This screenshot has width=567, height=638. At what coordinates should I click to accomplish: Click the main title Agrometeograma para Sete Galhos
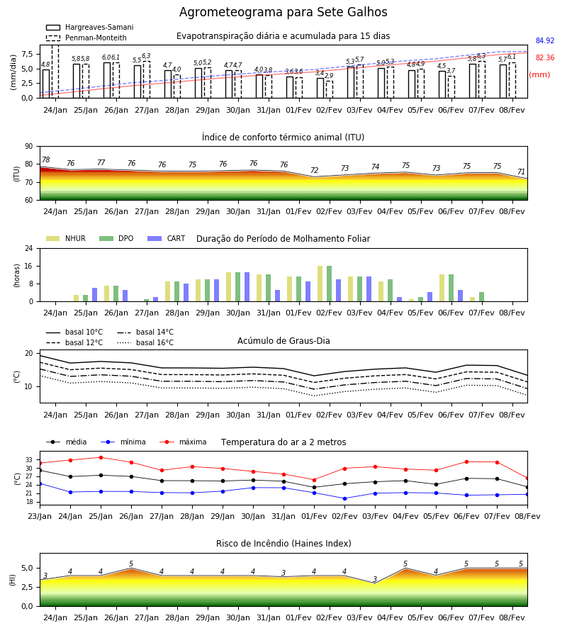click(283, 12)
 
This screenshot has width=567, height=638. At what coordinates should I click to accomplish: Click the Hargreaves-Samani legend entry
click(89, 27)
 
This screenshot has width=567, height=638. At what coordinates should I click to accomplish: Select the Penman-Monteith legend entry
click(86, 38)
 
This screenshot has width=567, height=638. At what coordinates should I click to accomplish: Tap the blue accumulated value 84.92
click(545, 40)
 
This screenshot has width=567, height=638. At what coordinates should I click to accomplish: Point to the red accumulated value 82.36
click(545, 58)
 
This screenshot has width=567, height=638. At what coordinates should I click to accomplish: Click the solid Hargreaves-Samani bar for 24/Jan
click(46, 84)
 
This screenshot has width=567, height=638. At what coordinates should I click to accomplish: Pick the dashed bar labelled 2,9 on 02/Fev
click(330, 89)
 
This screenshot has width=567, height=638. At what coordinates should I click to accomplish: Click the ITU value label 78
click(46, 160)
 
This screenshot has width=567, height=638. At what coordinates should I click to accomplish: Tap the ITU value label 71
click(521, 172)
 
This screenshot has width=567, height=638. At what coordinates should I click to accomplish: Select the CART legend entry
click(166, 238)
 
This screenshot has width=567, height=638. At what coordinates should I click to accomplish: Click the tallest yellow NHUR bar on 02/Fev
click(320, 284)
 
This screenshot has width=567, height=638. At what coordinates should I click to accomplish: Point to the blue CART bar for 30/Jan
click(247, 287)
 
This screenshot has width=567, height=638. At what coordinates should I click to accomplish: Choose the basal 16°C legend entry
click(145, 342)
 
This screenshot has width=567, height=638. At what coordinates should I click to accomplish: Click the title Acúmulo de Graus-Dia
click(283, 340)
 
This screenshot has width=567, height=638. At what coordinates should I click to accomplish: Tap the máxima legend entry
click(183, 442)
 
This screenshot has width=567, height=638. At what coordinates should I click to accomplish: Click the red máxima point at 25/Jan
click(101, 457)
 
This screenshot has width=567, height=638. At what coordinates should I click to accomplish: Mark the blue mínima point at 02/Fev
click(345, 498)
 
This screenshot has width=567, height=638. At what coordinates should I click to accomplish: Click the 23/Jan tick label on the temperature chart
click(40, 516)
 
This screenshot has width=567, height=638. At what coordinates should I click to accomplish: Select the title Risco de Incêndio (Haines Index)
click(283, 544)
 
